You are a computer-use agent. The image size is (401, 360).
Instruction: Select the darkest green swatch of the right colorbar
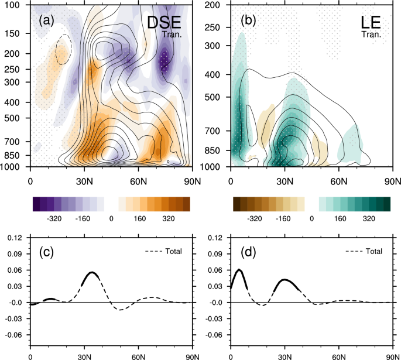click(386, 204)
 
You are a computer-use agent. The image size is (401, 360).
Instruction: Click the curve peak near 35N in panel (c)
click(92, 272)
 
